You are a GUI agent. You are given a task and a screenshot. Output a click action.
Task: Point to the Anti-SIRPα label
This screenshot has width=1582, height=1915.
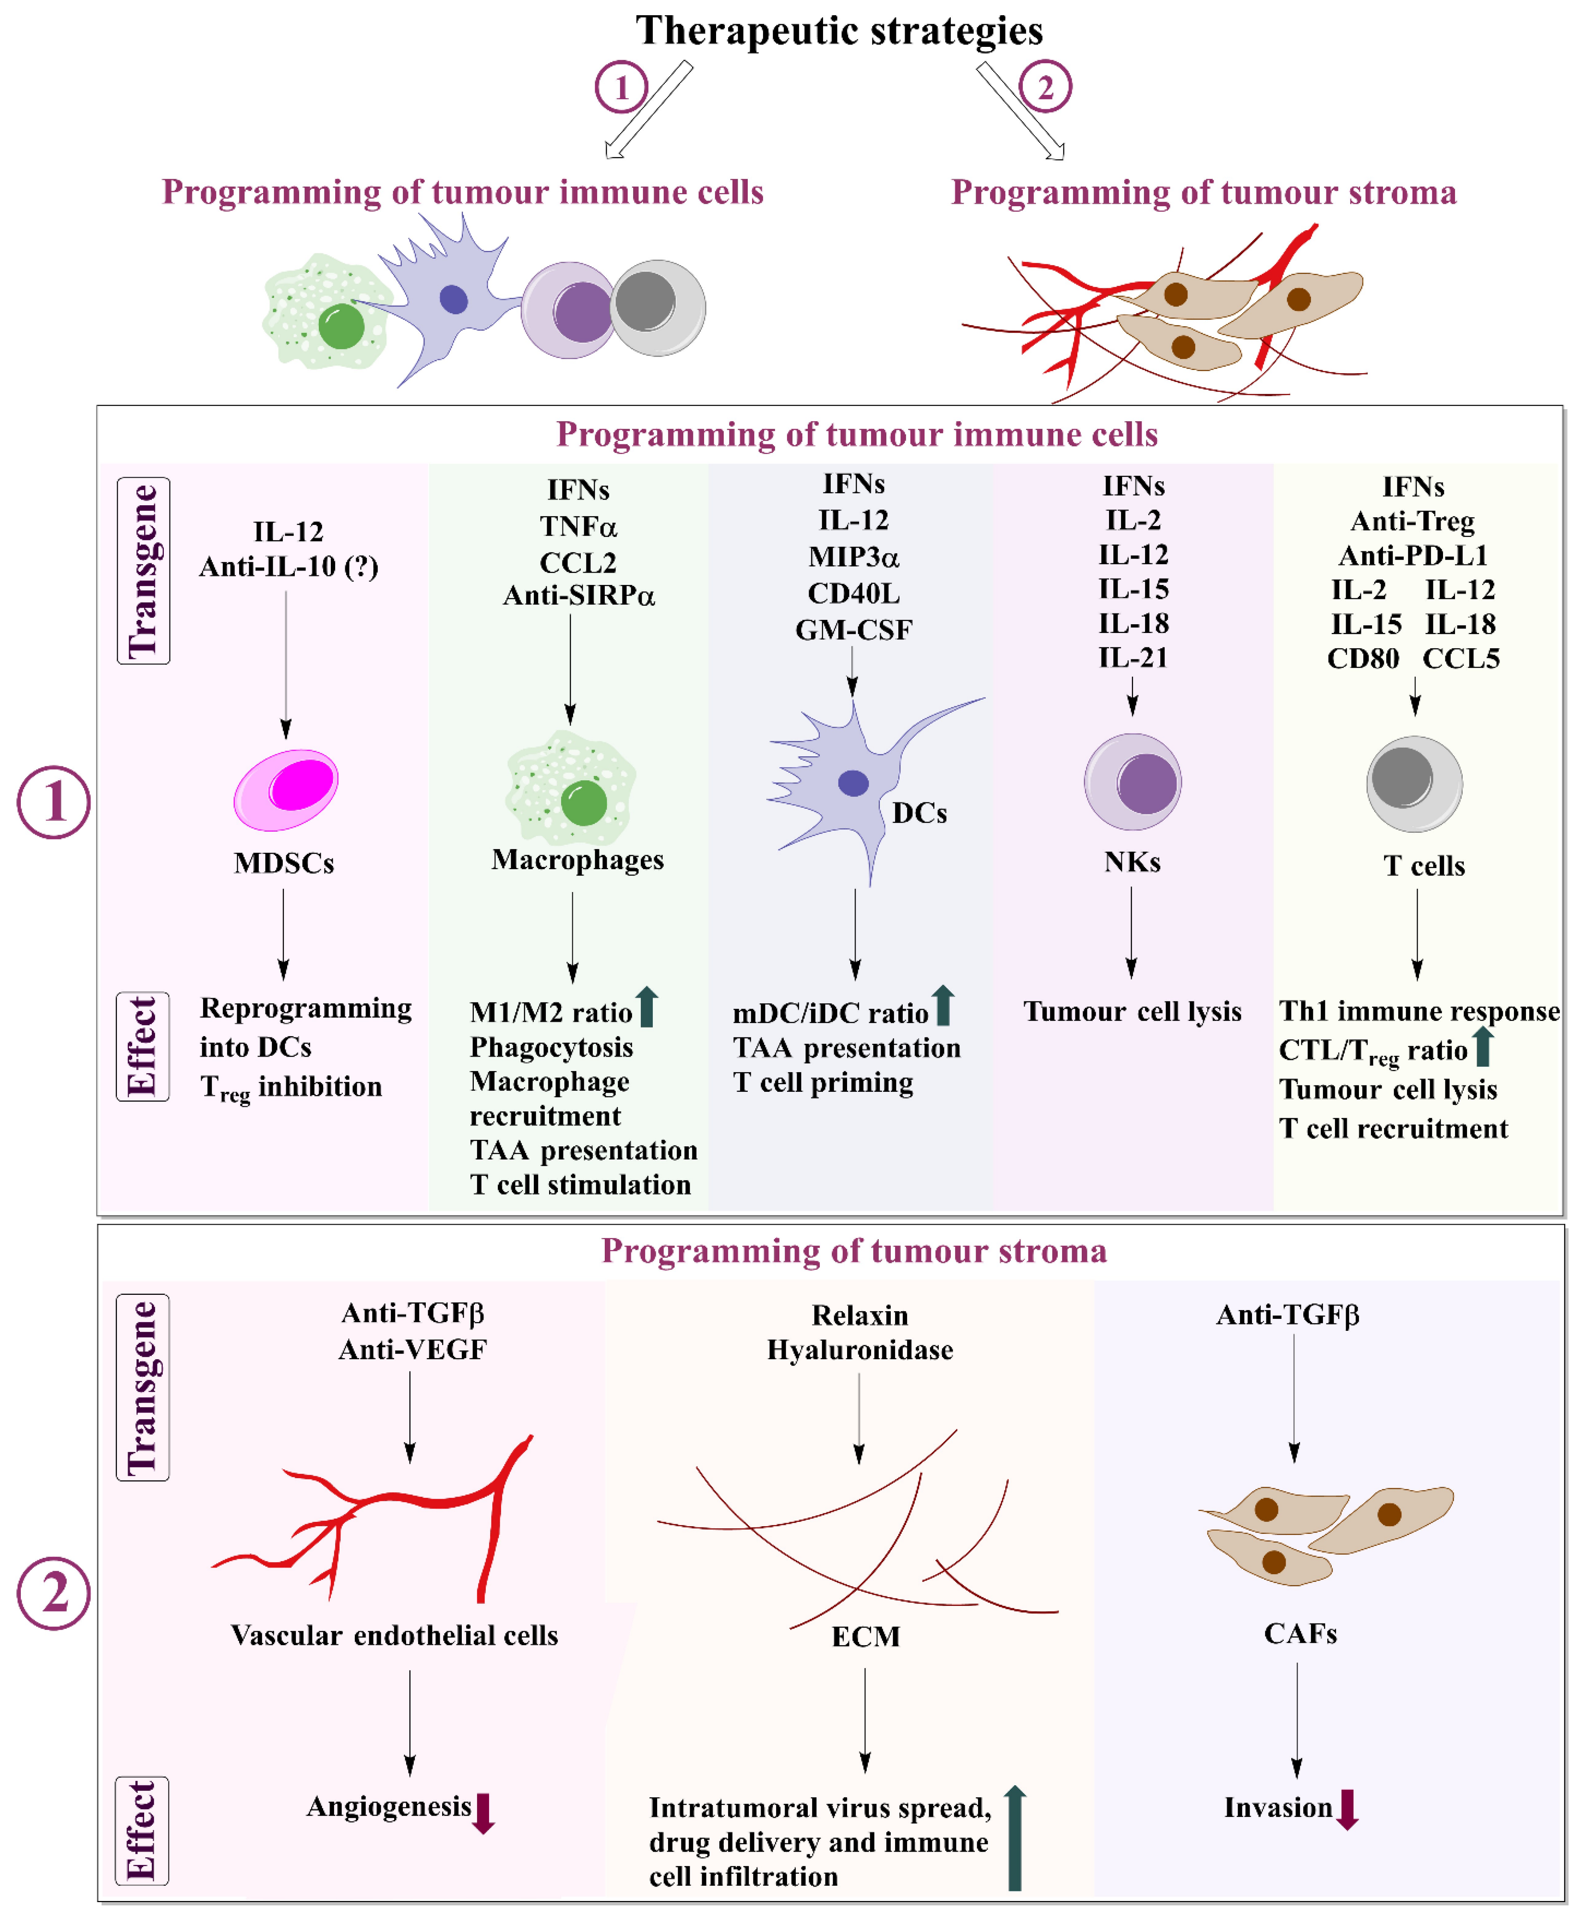pos(579,596)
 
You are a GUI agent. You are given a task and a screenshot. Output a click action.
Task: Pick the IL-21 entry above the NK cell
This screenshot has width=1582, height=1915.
pos(1133,657)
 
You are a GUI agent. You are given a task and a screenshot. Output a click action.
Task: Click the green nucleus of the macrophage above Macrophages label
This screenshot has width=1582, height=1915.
pos(584,803)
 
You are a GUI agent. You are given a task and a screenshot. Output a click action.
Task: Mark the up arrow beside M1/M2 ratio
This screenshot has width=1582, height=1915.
pos(647,1007)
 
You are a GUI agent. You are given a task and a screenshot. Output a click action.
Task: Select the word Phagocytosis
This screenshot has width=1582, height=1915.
pos(551,1047)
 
